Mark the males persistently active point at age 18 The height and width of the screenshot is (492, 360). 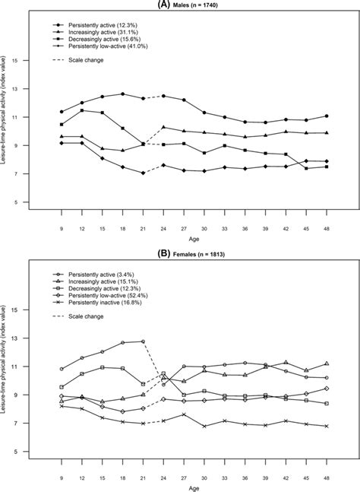tap(122, 94)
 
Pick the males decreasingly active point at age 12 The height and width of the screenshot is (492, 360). tap(82, 110)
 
